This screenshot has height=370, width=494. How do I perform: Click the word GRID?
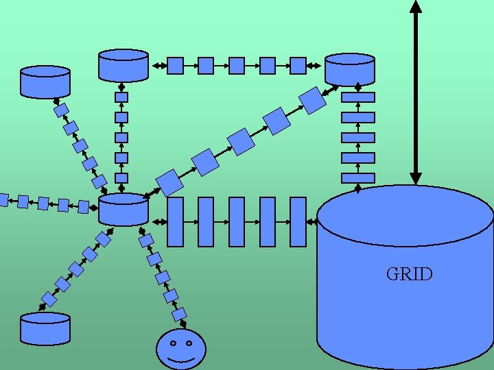(x=409, y=275)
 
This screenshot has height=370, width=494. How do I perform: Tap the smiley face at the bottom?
(x=181, y=349)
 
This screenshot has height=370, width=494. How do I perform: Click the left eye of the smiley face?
(x=173, y=343)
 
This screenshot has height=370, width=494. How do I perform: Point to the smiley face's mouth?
(x=181, y=358)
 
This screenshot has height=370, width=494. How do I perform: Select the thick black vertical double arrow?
(x=415, y=92)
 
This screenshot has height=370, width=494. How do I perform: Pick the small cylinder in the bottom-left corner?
(x=45, y=328)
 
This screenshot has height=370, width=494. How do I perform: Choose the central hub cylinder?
(x=123, y=209)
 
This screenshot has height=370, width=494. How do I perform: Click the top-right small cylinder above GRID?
(x=350, y=69)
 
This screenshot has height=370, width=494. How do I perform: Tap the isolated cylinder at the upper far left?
(x=45, y=81)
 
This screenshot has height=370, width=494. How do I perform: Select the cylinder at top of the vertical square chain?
(x=123, y=64)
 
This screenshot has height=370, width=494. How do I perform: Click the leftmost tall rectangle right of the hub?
(x=176, y=221)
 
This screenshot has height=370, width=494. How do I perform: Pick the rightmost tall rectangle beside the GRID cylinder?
(x=298, y=221)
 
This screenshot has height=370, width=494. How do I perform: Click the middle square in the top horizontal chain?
(x=237, y=65)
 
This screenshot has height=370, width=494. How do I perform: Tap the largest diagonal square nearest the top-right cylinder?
(x=312, y=101)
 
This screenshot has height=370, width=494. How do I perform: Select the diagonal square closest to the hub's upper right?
(x=169, y=182)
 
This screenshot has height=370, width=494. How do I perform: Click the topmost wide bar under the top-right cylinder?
(x=358, y=97)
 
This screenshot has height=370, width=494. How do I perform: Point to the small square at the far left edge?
(x=3, y=200)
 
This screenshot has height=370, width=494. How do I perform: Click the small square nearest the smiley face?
(x=179, y=314)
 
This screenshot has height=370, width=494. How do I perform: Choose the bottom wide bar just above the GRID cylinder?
(x=358, y=178)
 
